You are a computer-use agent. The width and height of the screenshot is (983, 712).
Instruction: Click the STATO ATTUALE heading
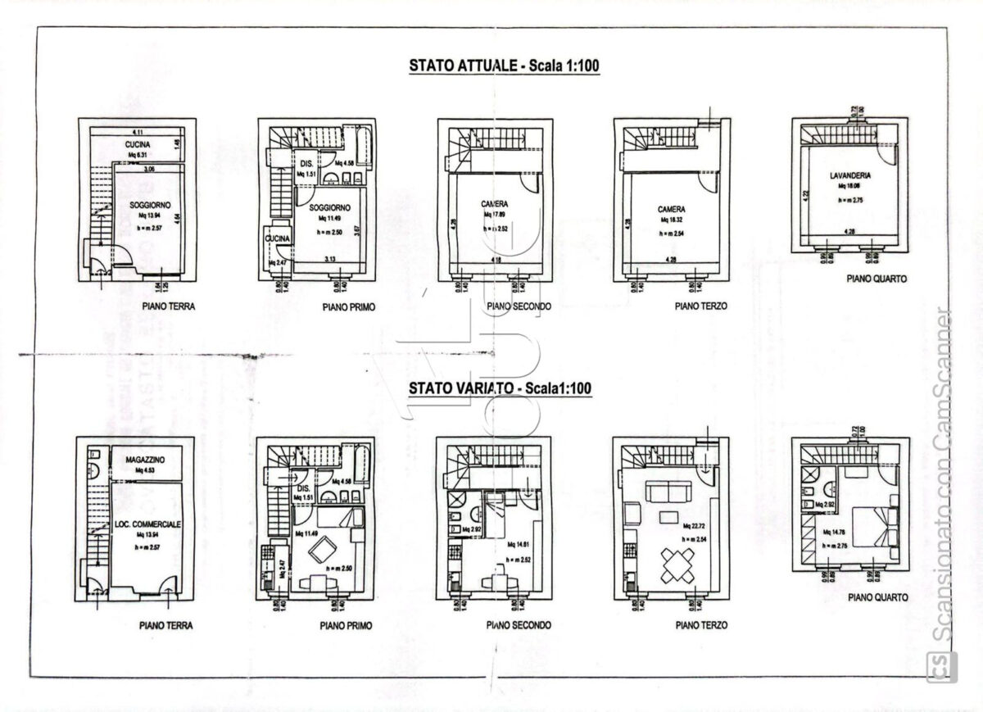[505, 66]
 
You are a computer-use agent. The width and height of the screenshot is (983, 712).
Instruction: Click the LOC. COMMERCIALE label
[147, 523]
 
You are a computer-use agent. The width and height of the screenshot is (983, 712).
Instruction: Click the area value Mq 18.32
[671, 220]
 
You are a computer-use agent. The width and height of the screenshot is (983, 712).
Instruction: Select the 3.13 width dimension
[332, 260]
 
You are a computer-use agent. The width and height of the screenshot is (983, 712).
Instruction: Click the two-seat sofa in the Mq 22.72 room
[666, 492]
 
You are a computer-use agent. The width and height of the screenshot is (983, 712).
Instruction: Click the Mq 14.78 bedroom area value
[832, 533]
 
